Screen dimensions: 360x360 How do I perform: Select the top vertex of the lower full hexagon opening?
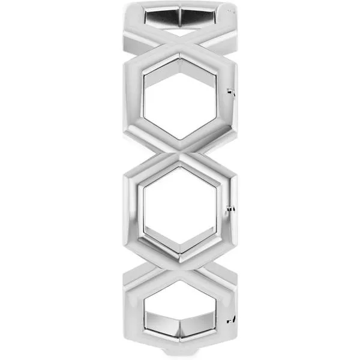coord(180,168)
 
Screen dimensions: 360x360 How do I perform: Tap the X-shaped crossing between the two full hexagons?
coord(180,153)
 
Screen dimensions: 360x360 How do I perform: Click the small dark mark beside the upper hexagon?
coord(230,92)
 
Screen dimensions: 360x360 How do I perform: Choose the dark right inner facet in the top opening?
coord(201,17)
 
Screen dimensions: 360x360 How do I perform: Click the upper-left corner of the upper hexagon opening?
coord(145,76)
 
